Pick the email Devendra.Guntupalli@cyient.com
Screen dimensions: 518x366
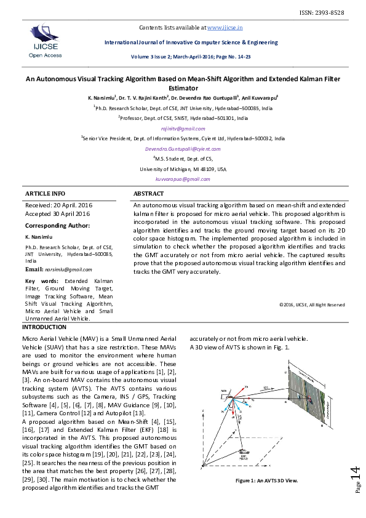[183, 149]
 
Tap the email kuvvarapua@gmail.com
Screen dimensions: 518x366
[183, 179]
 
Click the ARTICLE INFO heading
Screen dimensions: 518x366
[44, 193]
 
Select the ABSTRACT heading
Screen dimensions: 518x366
[148, 193]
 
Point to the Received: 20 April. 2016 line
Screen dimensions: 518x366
[60, 204]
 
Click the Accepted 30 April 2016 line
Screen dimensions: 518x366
[57, 213]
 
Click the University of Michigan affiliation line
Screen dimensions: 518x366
[183, 169]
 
